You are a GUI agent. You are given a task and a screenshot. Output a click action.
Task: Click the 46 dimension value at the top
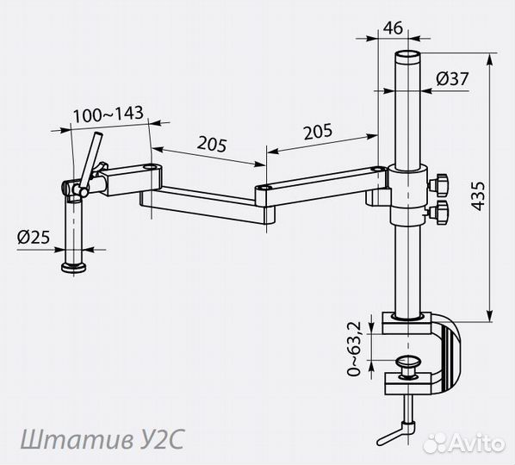[393, 28]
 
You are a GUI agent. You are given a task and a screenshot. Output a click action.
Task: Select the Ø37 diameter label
[452, 79]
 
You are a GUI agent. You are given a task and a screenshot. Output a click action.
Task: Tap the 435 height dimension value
[478, 195]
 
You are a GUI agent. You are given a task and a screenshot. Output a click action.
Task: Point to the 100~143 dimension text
[108, 114]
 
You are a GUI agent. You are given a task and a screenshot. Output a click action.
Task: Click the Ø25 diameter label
[34, 237]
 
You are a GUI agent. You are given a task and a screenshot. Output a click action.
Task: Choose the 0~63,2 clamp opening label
[354, 349]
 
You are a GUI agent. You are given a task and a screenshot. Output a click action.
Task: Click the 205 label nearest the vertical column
[318, 132]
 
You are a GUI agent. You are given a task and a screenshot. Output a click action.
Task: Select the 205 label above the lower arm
[212, 144]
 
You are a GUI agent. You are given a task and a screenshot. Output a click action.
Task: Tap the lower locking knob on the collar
[439, 213]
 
